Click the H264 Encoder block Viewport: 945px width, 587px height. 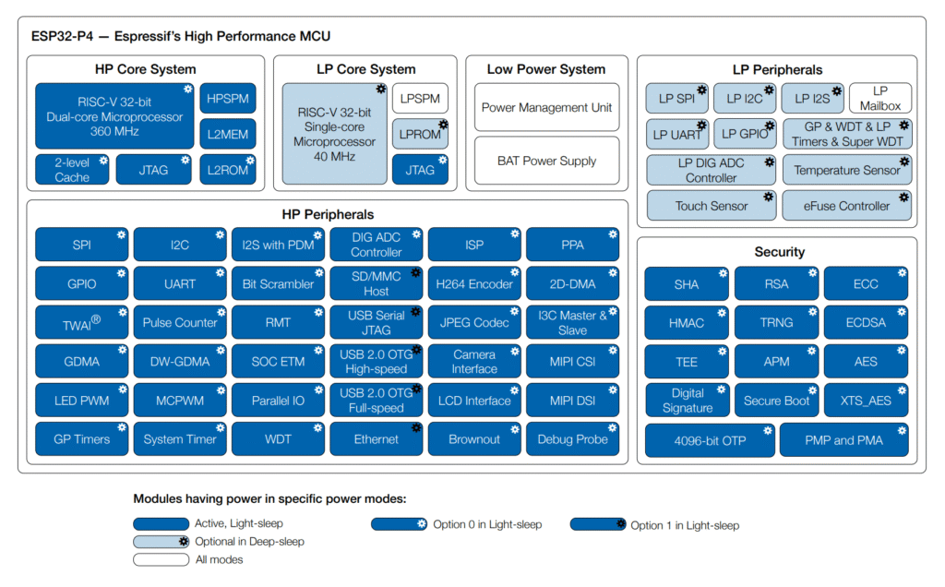[474, 283]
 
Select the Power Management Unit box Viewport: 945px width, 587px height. [546, 108]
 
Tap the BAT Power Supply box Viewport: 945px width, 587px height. [546, 161]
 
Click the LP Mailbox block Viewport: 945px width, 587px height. [879, 98]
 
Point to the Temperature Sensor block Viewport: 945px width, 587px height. [847, 170]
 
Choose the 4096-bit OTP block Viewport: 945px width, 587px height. [709, 440]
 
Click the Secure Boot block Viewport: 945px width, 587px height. [776, 401]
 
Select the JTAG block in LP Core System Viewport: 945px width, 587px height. [420, 170]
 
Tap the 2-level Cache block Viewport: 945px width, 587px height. [72, 170]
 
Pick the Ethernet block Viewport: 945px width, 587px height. [376, 439]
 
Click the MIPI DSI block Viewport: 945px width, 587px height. [572, 401]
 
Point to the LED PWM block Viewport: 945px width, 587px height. [81, 401]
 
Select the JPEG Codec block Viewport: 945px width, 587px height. [474, 322]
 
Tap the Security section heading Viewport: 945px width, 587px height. [779, 252]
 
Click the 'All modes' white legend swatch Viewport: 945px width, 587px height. [161, 559]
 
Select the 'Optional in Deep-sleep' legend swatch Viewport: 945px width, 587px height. [161, 542]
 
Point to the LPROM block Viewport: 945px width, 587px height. [420, 134]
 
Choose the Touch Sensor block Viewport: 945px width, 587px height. [711, 206]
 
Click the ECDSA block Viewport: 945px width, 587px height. [866, 323]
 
